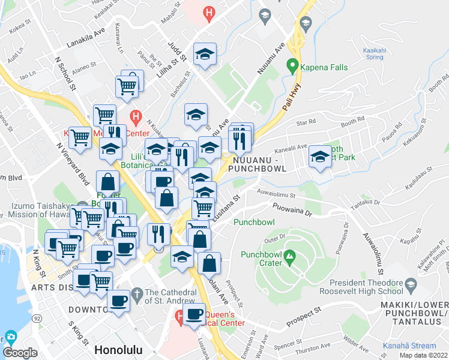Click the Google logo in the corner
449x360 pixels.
pos(20,352)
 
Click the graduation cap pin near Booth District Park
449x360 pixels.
pos(320,158)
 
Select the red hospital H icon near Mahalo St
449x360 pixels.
pos(209,11)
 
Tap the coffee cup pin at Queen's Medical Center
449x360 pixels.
pos(193,314)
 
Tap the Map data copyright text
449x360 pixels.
pos(424,355)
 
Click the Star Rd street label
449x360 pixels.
pos(306,122)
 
